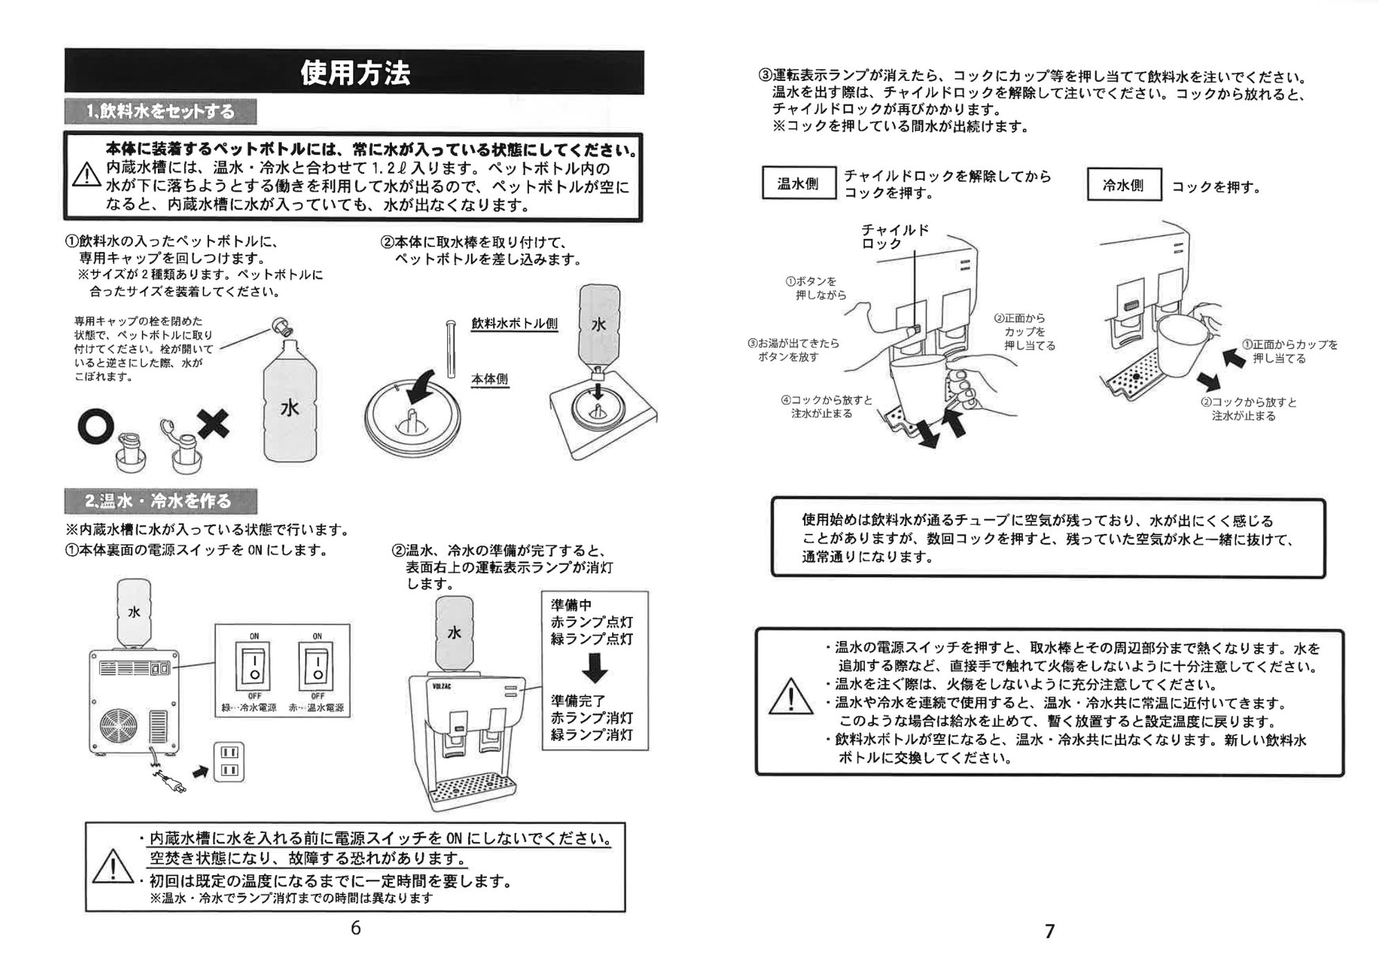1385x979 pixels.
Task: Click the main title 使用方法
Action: coord(355,73)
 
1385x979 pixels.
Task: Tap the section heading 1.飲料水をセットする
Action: coord(161,111)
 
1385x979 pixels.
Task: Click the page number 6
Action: coord(356,928)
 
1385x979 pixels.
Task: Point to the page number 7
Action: coord(1050,931)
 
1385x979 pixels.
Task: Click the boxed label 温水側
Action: coord(799,183)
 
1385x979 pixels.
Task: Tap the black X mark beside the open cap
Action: coord(213,422)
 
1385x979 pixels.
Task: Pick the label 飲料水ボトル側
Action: coord(515,323)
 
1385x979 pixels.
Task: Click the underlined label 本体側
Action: coord(490,379)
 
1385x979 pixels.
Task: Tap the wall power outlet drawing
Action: coord(229,762)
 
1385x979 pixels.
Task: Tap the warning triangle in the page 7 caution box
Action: coord(791,696)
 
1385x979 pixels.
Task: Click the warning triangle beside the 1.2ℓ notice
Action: coord(87,174)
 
